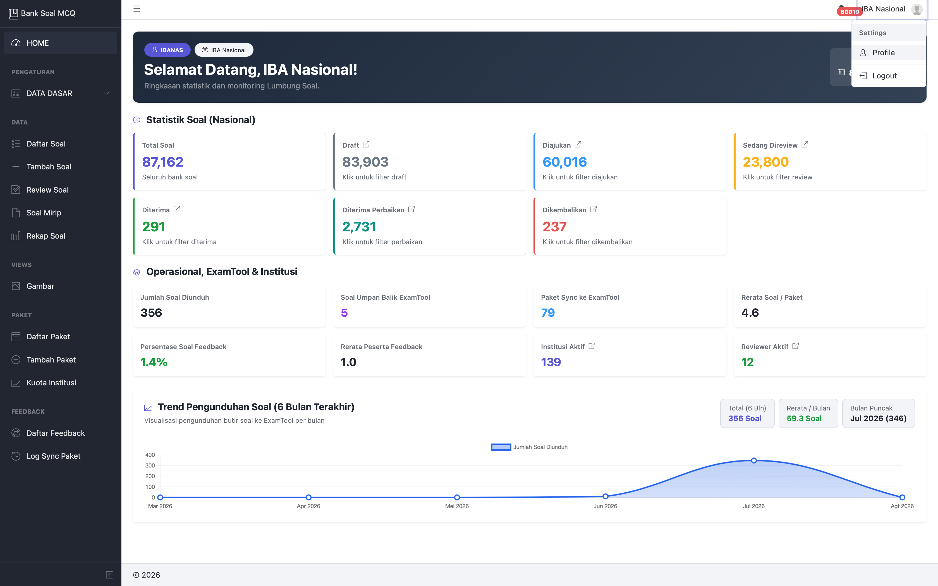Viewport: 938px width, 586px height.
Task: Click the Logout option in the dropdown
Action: coord(884,76)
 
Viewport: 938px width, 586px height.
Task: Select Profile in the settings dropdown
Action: coord(883,53)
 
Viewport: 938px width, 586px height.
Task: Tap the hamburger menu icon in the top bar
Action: coord(137,9)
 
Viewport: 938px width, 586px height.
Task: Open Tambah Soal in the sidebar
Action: coord(49,167)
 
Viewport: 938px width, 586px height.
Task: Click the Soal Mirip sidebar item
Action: coord(44,213)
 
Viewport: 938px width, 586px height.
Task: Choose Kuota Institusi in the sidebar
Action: coord(51,383)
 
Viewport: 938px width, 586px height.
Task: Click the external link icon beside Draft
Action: coord(366,145)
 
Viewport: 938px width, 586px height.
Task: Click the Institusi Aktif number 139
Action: coord(551,362)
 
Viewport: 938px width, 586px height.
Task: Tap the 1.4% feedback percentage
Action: coord(154,362)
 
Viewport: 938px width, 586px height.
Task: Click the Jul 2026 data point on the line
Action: coord(754,460)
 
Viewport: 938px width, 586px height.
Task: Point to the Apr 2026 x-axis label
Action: coord(308,506)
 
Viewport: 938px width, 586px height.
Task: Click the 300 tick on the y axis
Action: coord(150,465)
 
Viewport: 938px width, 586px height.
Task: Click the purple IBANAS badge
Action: coord(167,50)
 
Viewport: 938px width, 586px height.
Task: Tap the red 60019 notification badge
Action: coord(850,12)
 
